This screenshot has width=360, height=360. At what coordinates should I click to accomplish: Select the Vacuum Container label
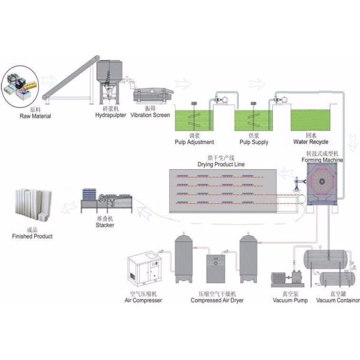point(337,300)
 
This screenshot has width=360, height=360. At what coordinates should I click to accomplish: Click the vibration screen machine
point(153,97)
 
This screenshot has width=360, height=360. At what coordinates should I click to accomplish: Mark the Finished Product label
point(32,236)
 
